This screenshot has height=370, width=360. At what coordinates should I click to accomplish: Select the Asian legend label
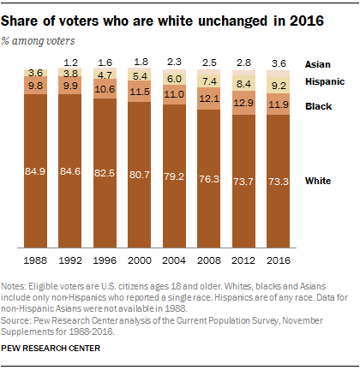pyautogui.click(x=318, y=64)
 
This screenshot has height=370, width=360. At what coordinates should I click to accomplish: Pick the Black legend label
pyautogui.click(x=318, y=105)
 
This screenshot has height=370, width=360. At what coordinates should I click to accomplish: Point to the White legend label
pyautogui.click(x=319, y=181)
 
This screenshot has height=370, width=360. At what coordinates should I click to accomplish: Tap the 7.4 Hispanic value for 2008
pyautogui.click(x=210, y=81)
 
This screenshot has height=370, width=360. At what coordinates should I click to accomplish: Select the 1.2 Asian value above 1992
pyautogui.click(x=69, y=63)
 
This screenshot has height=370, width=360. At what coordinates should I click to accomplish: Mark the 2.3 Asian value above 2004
pyautogui.click(x=175, y=62)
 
